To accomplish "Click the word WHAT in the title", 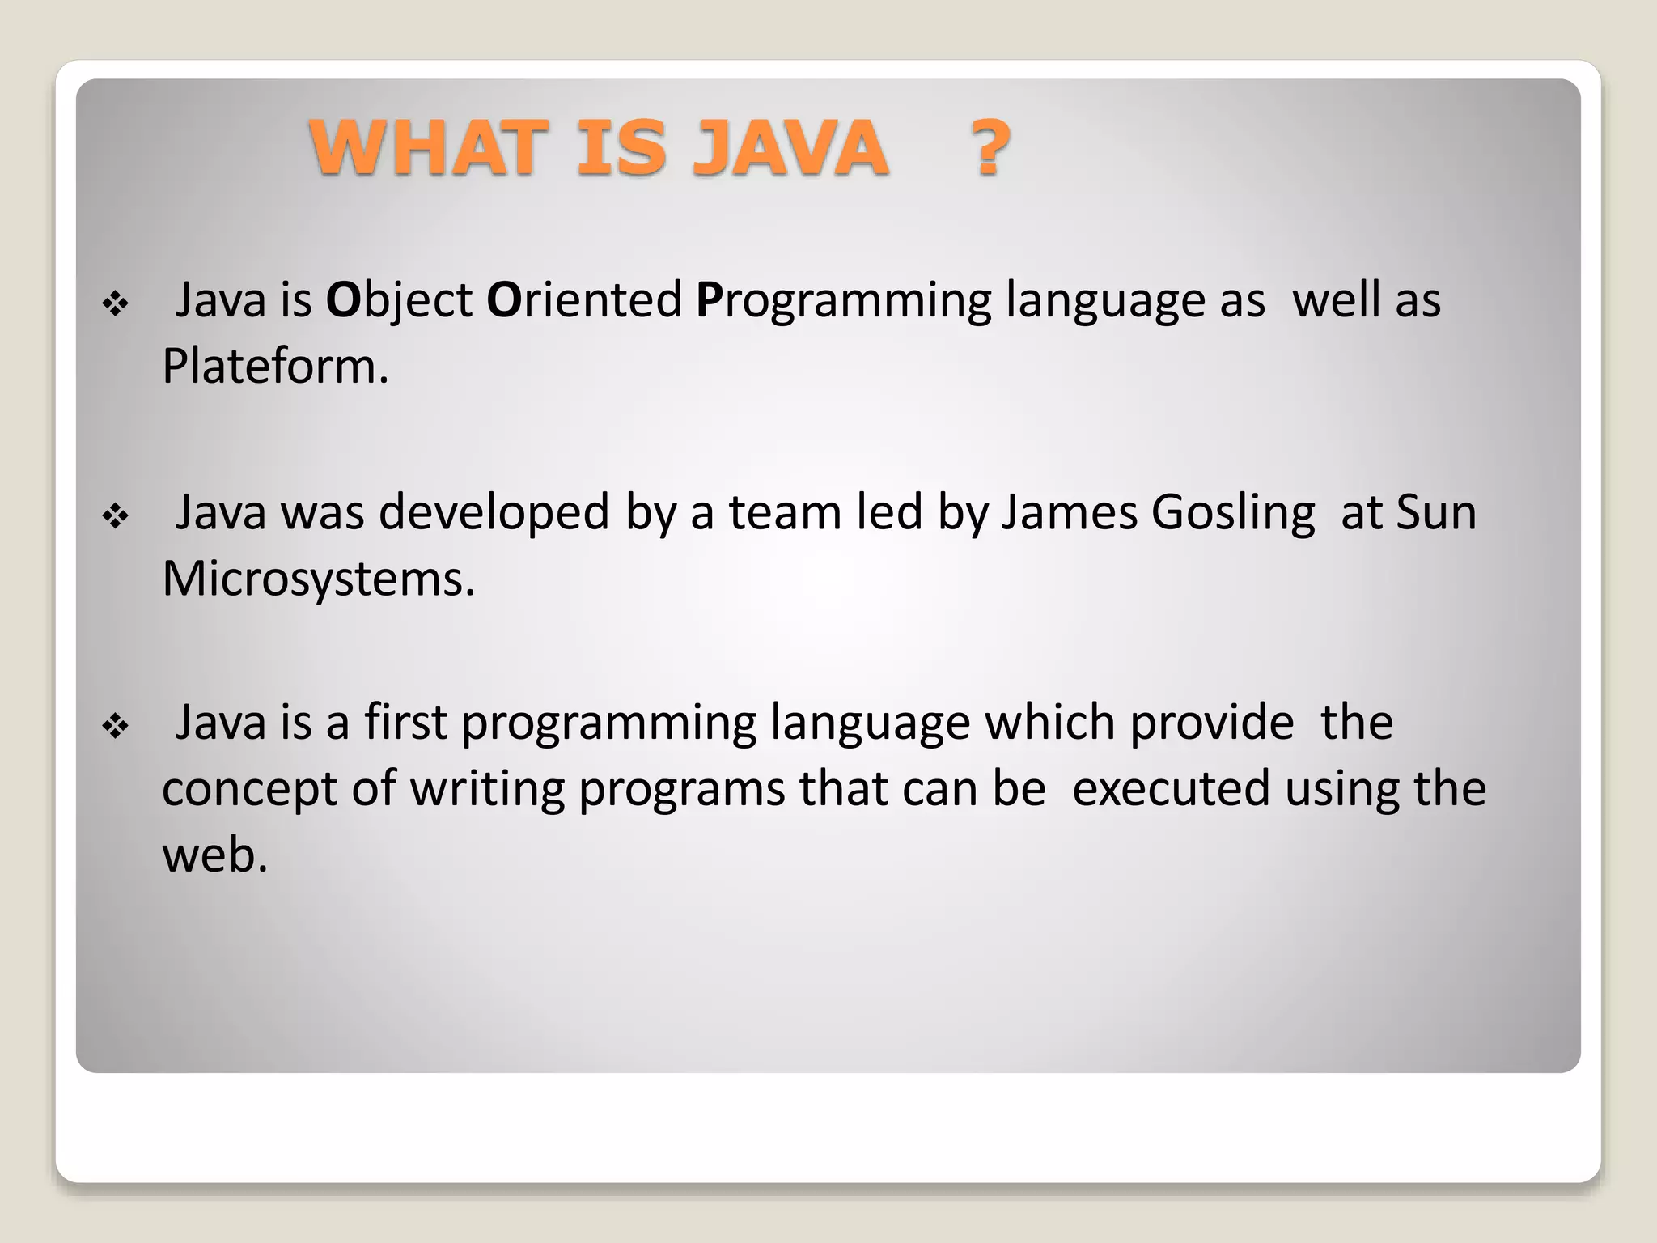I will point(423,148).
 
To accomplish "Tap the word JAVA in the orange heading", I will point(790,148).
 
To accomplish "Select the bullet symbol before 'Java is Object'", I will point(116,304).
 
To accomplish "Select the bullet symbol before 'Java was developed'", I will point(116,516).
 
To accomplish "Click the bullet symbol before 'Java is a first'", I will point(116,726).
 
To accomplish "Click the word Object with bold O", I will point(398,301).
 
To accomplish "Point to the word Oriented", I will point(584,301).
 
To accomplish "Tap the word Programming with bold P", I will point(843,301).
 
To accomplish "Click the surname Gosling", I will point(1233,513).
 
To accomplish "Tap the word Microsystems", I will point(318,579).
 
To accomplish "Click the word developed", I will point(494,513).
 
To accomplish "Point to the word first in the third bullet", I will point(405,723).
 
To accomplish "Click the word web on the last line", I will point(214,855).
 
